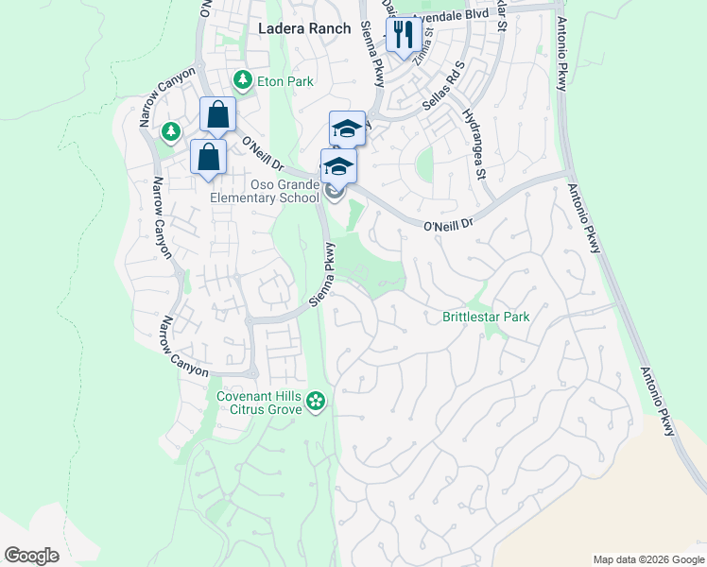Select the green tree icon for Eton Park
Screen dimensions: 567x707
point(243,79)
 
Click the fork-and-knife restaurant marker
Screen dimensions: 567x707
point(404,35)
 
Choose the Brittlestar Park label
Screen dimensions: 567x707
point(486,317)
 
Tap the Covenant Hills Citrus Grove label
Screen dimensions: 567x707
point(259,403)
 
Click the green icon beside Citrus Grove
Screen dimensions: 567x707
point(316,404)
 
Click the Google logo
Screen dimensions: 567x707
point(31,556)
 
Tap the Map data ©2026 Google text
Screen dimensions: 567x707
point(647,559)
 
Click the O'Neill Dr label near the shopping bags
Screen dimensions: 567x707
point(263,156)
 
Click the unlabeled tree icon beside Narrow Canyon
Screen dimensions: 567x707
point(171,130)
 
